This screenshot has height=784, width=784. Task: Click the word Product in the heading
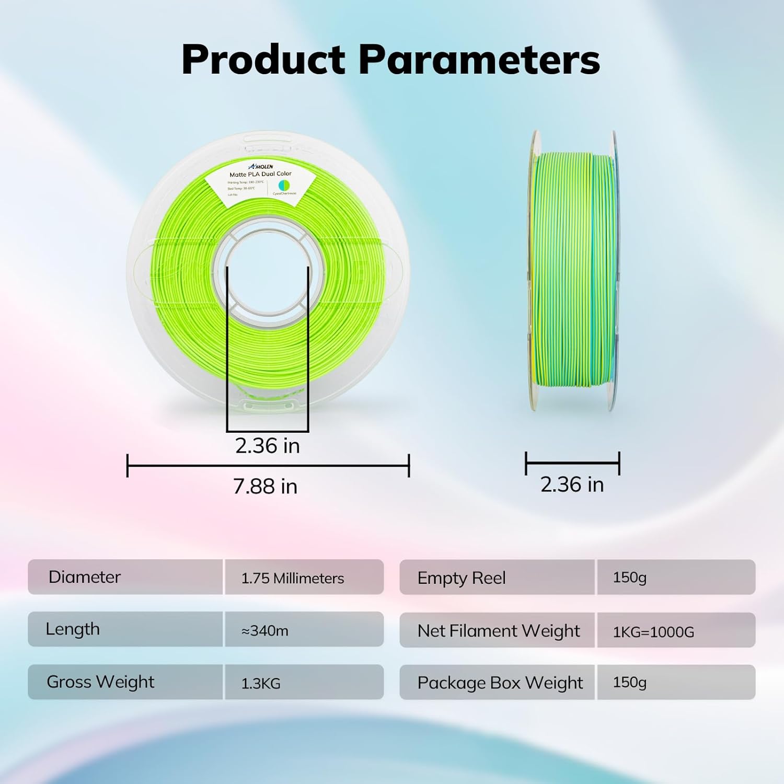(263, 60)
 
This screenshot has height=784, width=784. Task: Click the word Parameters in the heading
(479, 60)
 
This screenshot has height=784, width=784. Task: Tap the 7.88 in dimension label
(265, 487)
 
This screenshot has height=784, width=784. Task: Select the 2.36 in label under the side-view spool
(572, 485)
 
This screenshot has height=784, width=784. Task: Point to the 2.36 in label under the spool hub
(267, 446)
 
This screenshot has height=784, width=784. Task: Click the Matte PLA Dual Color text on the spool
(261, 174)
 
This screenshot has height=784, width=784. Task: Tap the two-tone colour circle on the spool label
(284, 185)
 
